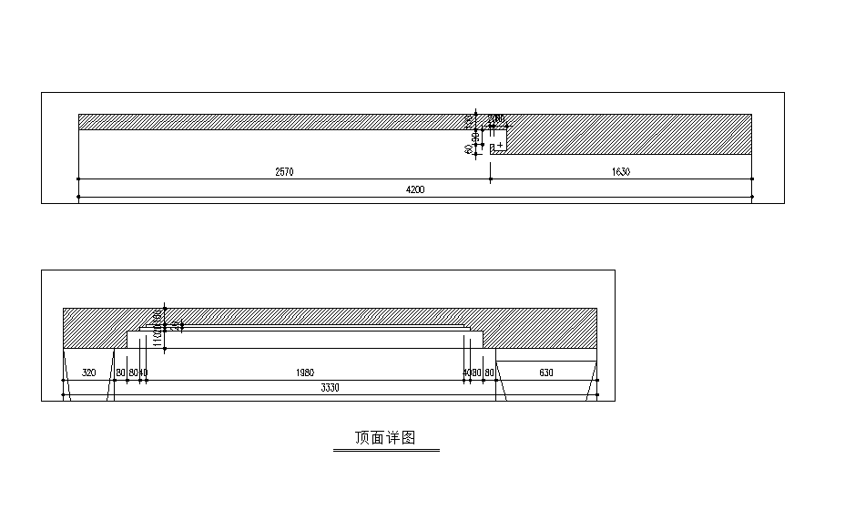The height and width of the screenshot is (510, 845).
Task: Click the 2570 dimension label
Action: click(284, 171)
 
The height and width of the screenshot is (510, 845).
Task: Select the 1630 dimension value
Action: click(621, 171)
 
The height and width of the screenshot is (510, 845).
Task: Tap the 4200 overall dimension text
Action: click(415, 189)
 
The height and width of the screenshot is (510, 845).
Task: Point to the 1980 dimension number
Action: click(305, 372)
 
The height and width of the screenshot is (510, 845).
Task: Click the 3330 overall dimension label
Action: click(330, 388)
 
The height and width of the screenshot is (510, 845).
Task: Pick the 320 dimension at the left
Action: click(89, 372)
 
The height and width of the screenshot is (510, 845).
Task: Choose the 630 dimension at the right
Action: click(546, 372)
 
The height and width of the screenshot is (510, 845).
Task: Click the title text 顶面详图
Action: click(385, 438)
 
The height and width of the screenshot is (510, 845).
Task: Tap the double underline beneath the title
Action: click(385, 450)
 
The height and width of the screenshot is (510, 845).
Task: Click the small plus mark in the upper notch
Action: click(500, 145)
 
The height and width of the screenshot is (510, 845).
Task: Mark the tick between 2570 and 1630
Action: click(491, 178)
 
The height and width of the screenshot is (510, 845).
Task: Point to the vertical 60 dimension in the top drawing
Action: click(468, 148)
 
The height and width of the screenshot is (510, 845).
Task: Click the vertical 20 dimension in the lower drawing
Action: click(175, 325)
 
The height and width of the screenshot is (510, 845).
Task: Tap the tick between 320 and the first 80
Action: click(115, 380)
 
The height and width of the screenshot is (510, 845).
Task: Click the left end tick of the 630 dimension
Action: click(495, 380)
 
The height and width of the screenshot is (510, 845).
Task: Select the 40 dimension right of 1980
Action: click(466, 372)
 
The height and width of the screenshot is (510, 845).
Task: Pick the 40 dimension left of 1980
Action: click(144, 372)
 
